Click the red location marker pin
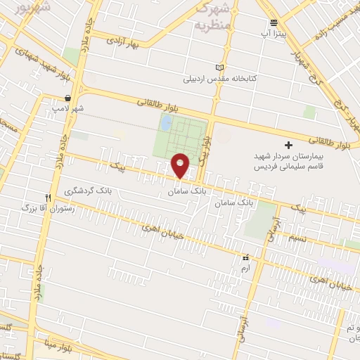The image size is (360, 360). [180, 165]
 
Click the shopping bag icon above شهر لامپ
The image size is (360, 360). [67, 98]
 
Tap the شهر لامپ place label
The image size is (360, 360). [67, 109]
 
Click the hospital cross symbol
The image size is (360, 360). [288, 143]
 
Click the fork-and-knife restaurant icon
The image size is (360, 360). [48, 198]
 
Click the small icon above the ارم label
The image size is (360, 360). [245, 258]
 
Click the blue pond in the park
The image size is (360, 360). [166, 124]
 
